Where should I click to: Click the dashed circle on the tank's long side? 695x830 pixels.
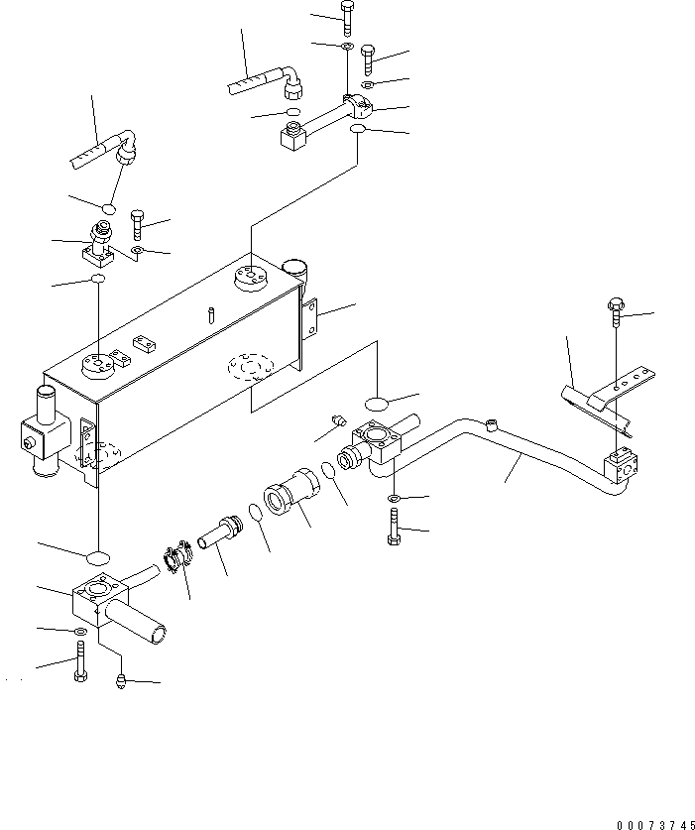pyautogui.click(x=247, y=369)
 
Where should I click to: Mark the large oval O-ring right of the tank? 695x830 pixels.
pyautogui.click(x=379, y=403)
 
